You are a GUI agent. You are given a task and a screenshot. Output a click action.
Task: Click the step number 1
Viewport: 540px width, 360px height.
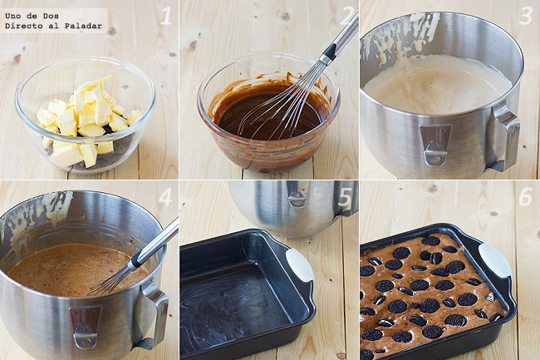click(x=165, y=16)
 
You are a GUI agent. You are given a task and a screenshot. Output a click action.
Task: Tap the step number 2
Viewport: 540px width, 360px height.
click(x=347, y=16)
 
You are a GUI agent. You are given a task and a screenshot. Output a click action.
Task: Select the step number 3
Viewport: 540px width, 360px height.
click(x=526, y=16)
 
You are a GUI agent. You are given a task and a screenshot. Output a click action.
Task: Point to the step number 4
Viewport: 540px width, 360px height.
click(x=165, y=197)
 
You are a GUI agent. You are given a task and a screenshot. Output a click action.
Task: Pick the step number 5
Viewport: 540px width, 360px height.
click(x=345, y=197)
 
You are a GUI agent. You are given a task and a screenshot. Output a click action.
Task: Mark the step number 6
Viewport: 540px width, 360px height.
click(x=526, y=197)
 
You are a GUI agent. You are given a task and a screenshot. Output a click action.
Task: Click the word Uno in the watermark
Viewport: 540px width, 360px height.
click(x=12, y=16)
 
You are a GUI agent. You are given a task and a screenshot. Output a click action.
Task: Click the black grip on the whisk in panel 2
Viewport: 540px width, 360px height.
click(x=328, y=54)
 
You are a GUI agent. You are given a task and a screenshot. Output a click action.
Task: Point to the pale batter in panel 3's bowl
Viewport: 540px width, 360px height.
click(x=437, y=85)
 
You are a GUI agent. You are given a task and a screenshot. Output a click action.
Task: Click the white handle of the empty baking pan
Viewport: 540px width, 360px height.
click(x=299, y=265)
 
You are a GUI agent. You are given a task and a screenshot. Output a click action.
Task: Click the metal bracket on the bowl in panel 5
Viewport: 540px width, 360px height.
click(x=297, y=194)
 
